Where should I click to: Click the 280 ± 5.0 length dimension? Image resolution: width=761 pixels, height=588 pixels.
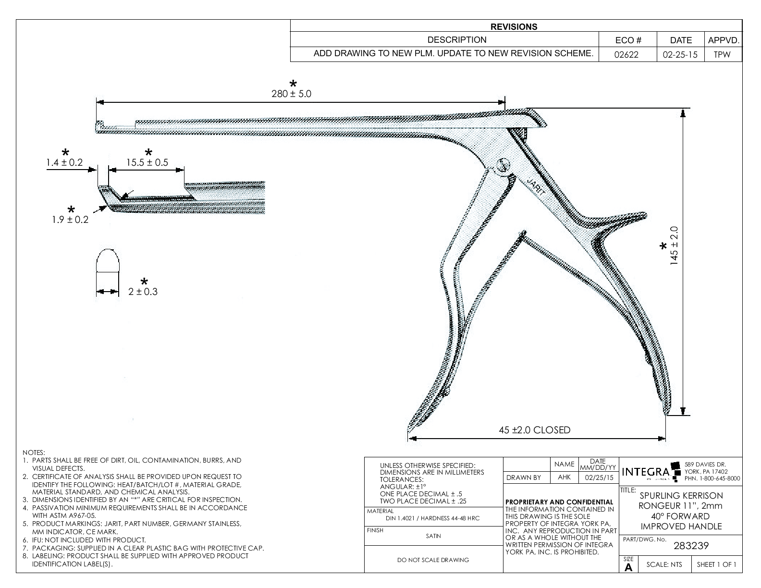[x=291, y=94]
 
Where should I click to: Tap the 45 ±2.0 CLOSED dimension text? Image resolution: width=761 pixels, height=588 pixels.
[x=535, y=430]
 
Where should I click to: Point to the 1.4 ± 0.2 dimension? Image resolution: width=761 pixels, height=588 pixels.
[x=64, y=162]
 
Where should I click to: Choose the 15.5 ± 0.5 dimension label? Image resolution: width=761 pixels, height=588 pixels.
[x=147, y=162]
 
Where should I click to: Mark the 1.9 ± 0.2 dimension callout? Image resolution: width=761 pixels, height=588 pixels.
[x=70, y=220]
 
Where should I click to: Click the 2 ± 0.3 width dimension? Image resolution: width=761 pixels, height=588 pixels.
[x=143, y=292]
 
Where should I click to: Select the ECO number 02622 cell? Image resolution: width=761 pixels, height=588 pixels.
[x=627, y=54]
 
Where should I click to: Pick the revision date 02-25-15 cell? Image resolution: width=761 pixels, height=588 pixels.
[x=680, y=54]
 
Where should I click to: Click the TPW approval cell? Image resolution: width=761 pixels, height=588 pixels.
[x=722, y=54]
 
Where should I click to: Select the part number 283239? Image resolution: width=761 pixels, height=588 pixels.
[x=691, y=546]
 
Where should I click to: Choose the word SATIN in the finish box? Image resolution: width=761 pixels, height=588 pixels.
[x=433, y=536]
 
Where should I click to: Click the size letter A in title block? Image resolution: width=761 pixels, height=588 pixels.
[x=628, y=567]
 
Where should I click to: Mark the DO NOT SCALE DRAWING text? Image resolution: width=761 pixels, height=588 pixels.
[x=433, y=560]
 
